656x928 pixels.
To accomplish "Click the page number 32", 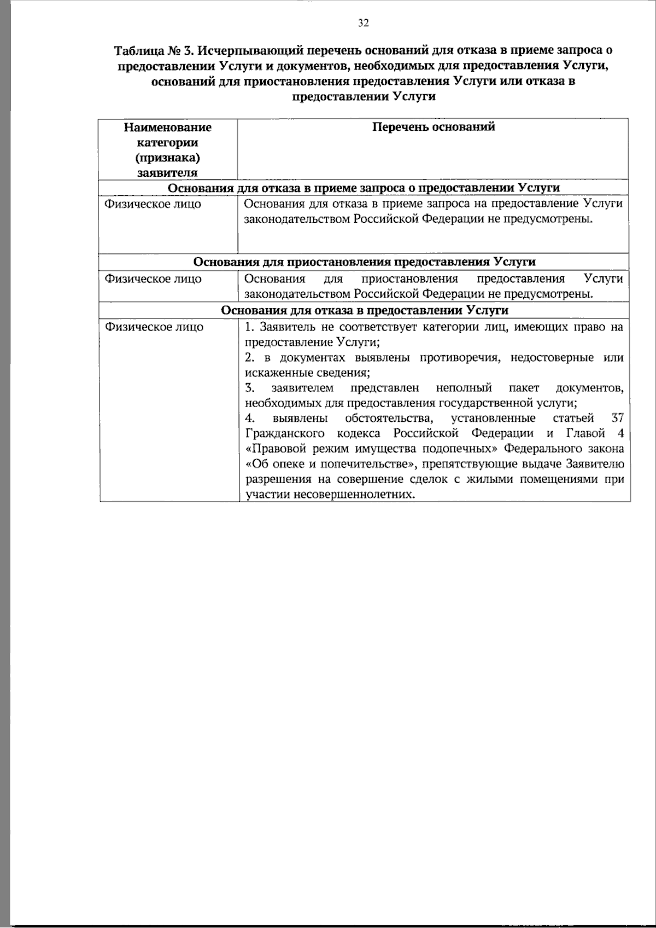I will (364, 23).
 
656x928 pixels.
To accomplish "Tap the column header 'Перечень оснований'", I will (434, 127).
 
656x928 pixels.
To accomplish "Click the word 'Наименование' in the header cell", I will (167, 127).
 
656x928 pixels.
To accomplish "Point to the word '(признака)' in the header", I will (167, 158).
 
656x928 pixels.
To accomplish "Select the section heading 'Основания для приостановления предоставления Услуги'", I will (365, 262).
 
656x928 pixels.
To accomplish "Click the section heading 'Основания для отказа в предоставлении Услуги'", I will (365, 310).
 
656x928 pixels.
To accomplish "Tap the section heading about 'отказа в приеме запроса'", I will (365, 188).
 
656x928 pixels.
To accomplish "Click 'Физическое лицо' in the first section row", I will (153, 204).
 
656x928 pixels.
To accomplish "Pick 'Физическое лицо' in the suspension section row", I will (153, 279).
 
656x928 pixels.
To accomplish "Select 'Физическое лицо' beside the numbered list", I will (153, 327).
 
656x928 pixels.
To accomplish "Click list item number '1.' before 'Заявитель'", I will (249, 327).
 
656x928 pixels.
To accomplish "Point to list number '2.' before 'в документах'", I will (250, 358).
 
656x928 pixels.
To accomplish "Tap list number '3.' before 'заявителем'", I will (250, 388).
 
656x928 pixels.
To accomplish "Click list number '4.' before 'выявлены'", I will (250, 419).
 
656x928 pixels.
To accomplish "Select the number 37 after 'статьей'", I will (617, 419).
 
